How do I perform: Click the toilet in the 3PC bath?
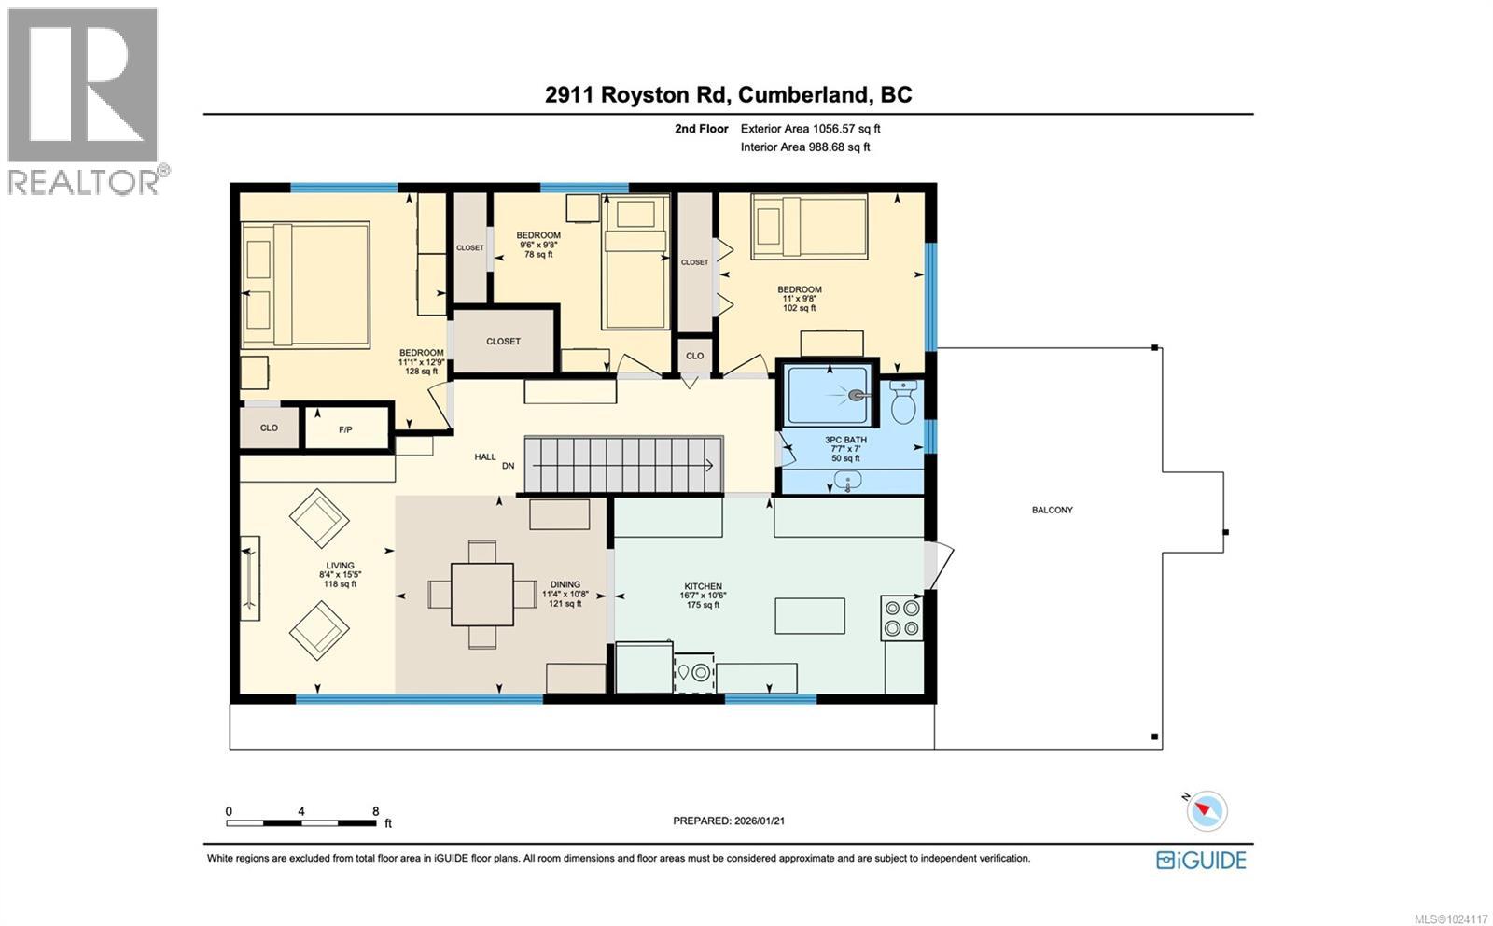903,404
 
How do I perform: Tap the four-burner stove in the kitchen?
901,618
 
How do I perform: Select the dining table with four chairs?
481,595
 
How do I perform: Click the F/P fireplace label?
345,429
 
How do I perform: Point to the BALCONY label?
1052,510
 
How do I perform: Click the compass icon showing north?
1207,810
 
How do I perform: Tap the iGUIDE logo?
1201,860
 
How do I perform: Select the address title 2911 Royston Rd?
728,94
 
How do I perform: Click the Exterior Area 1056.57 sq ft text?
810,129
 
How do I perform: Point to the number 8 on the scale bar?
375,811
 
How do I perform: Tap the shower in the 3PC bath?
827,396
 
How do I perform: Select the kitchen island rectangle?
810,616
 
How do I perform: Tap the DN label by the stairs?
508,465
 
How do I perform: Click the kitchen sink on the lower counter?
693,672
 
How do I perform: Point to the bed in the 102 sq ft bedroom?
809,225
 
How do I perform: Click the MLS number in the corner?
1451,919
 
